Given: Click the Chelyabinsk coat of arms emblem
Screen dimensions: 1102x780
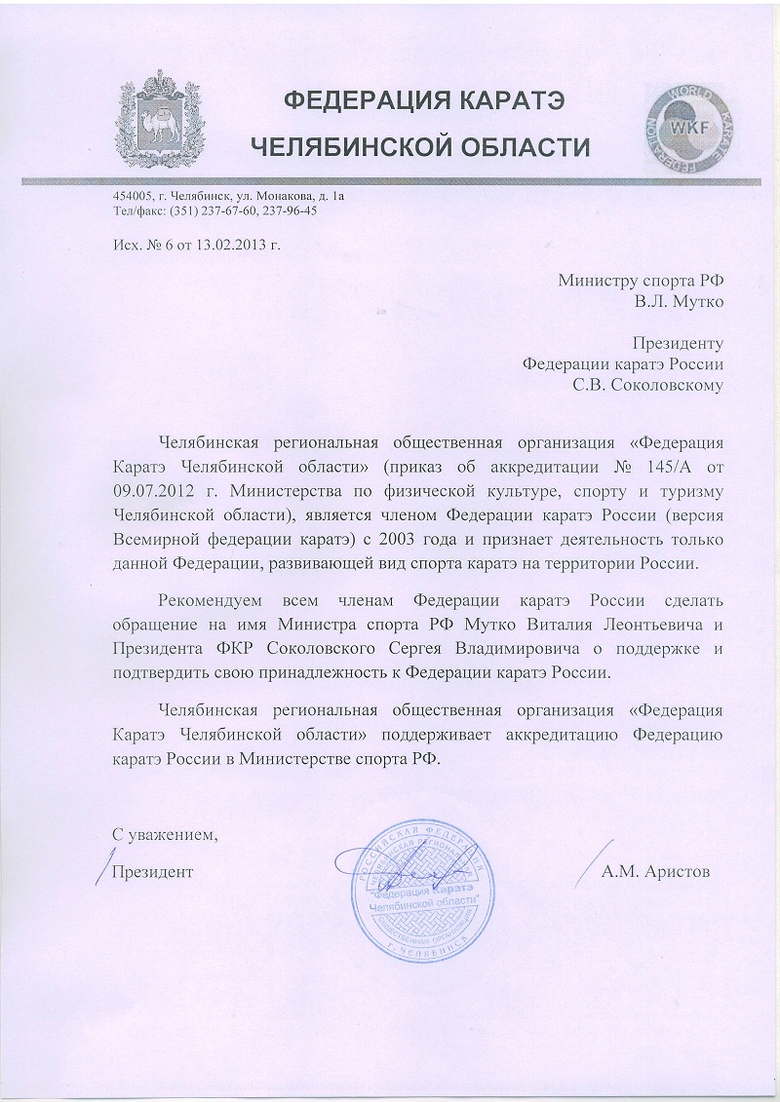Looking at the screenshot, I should [155, 121].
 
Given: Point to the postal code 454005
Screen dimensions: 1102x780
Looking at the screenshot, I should [132, 195].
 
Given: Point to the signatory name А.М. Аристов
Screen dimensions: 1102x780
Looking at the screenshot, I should [656, 870].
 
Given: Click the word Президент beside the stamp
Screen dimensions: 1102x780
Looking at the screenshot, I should [152, 870].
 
